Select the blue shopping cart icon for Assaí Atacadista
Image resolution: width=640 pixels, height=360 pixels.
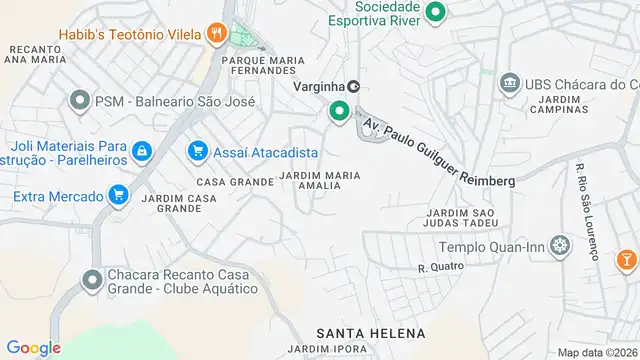pos(197,152)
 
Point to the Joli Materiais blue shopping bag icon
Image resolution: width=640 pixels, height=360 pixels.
pos(142,151)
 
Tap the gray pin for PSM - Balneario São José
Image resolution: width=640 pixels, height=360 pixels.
pos(79,101)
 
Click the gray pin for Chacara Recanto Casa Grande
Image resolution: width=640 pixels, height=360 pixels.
pos(92,280)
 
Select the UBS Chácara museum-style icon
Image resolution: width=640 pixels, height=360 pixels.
pos(509,82)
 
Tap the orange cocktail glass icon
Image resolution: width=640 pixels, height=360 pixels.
pos(626,259)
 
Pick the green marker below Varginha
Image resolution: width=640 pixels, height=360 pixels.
pos(339,112)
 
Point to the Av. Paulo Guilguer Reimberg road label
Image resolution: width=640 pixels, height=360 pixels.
pos(439,153)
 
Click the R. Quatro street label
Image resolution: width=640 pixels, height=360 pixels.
pos(436,268)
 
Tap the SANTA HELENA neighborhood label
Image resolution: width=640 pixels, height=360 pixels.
pos(370,332)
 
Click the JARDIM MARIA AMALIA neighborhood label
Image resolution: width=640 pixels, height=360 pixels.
pos(333,180)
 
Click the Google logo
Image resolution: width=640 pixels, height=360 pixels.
pos(33,347)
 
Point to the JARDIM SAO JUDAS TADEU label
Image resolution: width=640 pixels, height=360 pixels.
pos(461,219)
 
